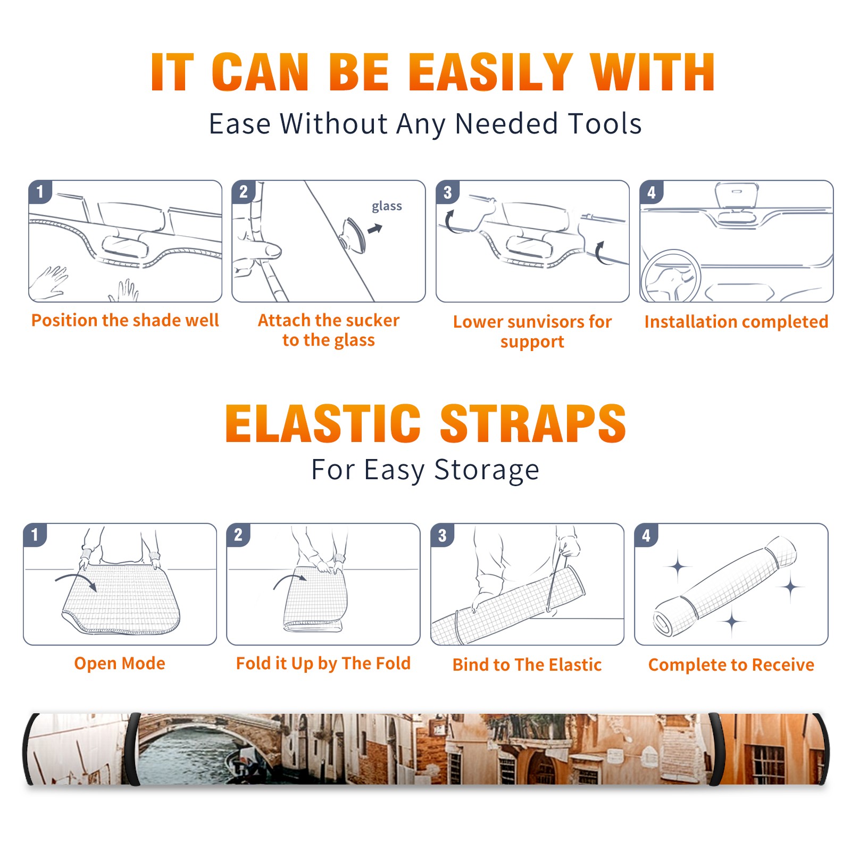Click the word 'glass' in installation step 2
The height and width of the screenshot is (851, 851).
(387, 206)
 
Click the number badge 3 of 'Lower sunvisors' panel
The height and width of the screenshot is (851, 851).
(447, 192)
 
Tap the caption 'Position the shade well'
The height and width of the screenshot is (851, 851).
(125, 320)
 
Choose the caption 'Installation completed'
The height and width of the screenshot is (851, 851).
(736, 321)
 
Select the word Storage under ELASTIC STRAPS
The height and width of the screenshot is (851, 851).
(487, 470)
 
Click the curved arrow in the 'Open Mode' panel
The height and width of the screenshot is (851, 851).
(76, 580)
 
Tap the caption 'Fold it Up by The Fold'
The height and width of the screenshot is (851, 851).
(323, 663)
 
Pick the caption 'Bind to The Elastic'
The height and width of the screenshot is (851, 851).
(527, 664)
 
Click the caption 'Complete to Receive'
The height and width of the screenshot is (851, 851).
(731, 664)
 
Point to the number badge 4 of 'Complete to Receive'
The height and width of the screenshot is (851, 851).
(646, 535)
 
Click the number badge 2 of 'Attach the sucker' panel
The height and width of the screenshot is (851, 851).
(243, 192)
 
